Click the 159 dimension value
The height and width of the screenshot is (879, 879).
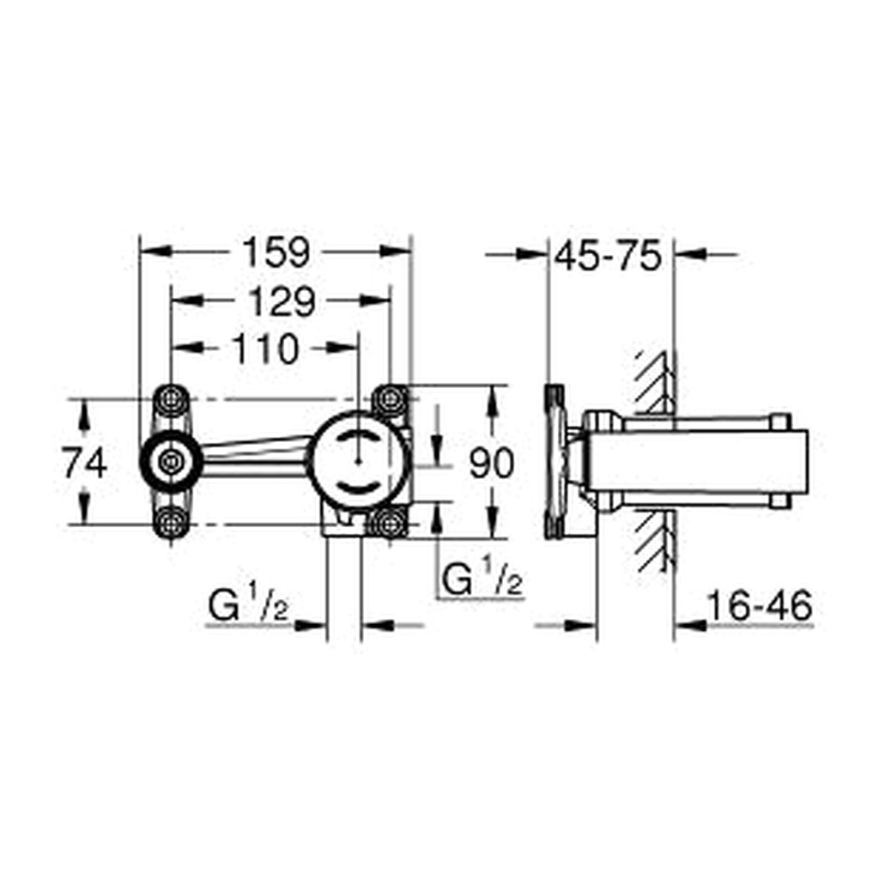tap(276, 253)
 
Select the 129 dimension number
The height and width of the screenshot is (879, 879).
tap(282, 301)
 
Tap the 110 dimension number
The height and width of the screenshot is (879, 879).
tap(265, 349)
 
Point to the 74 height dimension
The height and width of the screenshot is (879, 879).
tap(85, 464)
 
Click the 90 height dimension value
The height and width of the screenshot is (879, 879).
tap(491, 463)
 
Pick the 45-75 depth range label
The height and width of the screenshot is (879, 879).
tap(609, 256)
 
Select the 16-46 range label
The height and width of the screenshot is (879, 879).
tap(759, 605)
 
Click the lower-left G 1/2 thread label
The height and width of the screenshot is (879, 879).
tap(248, 604)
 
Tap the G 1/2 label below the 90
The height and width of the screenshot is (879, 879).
tap(482, 578)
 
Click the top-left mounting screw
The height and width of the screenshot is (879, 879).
tap(171, 400)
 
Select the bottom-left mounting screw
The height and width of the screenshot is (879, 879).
tap(171, 524)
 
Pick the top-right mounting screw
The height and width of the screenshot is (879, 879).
tap(389, 399)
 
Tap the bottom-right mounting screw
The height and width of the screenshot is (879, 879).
tap(389, 524)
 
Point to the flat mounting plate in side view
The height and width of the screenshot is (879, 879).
tap(555, 461)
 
